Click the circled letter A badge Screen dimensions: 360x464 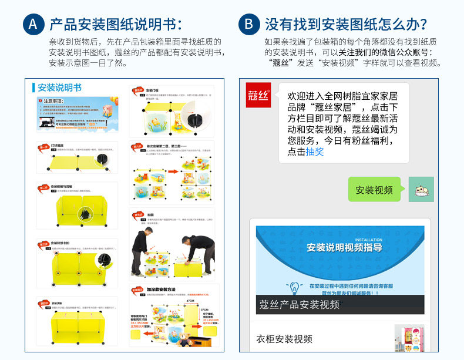[33, 24]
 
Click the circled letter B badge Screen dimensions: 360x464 [248, 24]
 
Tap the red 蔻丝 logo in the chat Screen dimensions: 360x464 [258, 95]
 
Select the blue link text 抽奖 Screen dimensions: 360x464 [314, 152]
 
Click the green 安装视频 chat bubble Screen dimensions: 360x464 [374, 190]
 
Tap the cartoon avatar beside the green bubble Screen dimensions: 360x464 [421, 189]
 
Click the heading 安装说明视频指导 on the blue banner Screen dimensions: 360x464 [344, 247]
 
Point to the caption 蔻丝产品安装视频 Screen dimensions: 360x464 [299, 304]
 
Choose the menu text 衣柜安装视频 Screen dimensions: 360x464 [284, 339]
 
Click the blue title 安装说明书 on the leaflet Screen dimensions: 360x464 [59, 88]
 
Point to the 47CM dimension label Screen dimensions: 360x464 [190, 300]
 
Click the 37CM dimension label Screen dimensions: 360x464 [205, 309]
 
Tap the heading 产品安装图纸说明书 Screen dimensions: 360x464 [116, 25]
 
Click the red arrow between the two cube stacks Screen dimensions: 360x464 [172, 171]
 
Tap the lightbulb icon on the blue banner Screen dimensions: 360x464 [294, 287]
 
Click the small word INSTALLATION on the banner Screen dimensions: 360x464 [369, 239]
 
